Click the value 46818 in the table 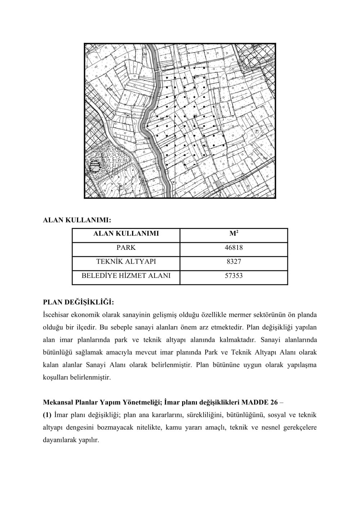click(x=234, y=248)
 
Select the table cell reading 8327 click(x=234, y=262)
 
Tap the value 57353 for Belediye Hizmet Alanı click(x=234, y=276)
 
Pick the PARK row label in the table click(x=126, y=248)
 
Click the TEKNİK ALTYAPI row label click(x=126, y=262)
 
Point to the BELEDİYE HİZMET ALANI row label click(x=126, y=276)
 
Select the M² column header click(x=234, y=234)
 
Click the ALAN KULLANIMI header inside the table click(x=126, y=234)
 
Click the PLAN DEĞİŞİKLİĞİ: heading click(x=78, y=301)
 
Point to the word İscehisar click(x=56, y=315)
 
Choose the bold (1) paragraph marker click(x=47, y=415)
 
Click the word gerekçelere click(x=301, y=428)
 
